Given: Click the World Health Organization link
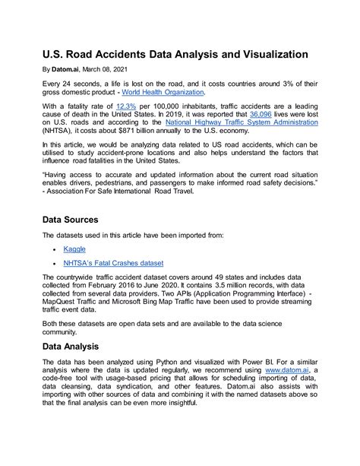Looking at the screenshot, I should (162, 92).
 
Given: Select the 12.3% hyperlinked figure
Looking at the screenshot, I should (126, 106).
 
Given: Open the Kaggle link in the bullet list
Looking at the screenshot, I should (74, 249).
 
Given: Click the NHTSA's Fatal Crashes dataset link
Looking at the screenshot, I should (112, 263).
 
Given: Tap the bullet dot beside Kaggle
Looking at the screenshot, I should (53, 249).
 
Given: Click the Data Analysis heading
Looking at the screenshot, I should (79, 346).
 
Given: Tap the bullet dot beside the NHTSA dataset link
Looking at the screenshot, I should (53, 264).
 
